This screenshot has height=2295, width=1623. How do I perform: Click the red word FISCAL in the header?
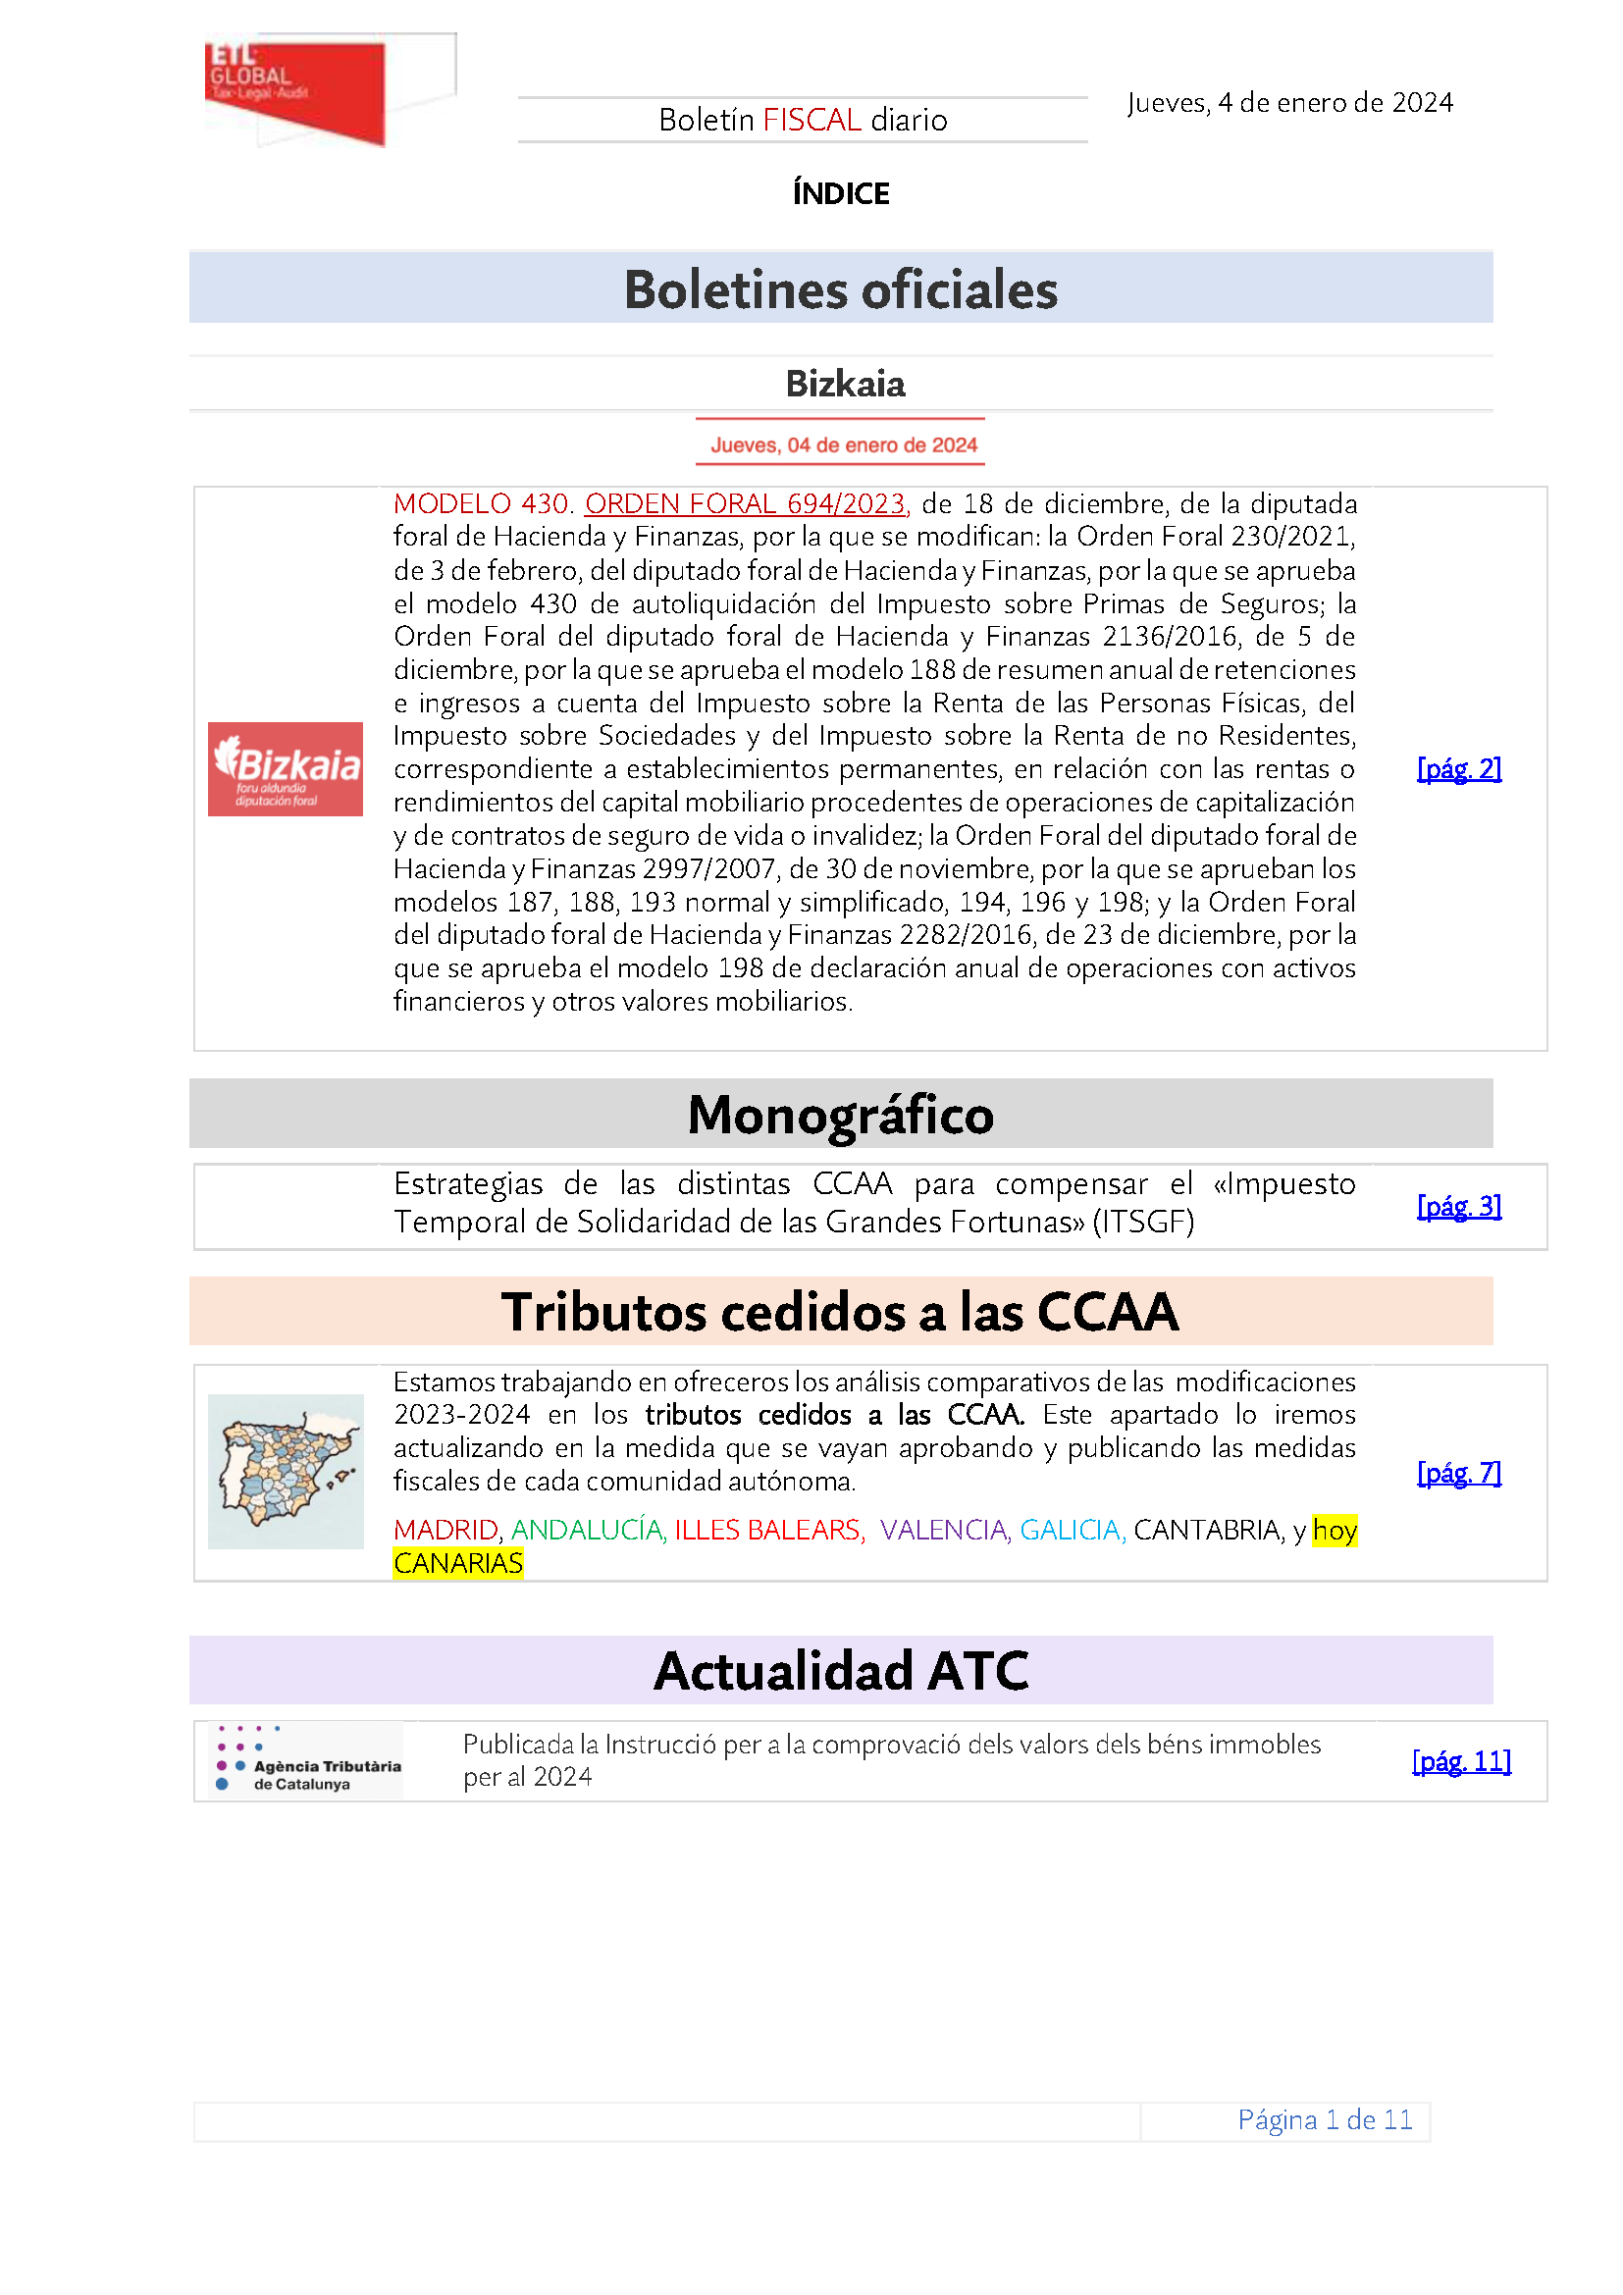(811, 120)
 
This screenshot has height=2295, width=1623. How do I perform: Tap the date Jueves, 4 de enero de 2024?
(1289, 103)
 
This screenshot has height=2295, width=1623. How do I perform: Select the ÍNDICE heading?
(841, 193)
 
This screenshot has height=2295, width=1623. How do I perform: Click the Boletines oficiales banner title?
(841, 289)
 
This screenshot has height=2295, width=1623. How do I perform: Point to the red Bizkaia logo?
(285, 768)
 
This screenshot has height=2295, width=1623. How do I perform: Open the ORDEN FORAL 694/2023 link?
(746, 503)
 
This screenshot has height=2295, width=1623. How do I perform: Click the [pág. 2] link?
(1459, 768)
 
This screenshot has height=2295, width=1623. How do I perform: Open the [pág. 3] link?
(1459, 1207)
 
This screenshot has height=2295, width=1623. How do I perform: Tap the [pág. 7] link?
(1459, 1473)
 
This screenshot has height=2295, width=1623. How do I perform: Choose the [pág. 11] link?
(1461, 1761)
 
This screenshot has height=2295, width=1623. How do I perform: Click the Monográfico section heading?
(841, 1115)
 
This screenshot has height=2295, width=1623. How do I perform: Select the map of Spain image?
(285, 1472)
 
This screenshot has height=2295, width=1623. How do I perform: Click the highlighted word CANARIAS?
(457, 1563)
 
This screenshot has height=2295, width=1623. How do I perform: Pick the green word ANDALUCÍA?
(588, 1531)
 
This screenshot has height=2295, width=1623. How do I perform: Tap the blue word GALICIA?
(1072, 1531)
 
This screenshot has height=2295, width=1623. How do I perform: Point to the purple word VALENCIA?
(943, 1531)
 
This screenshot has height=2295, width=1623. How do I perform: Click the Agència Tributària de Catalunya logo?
(308, 1761)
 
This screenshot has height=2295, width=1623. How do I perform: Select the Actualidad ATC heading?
(841, 1671)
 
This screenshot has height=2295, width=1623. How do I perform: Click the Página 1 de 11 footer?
(1324, 2120)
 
